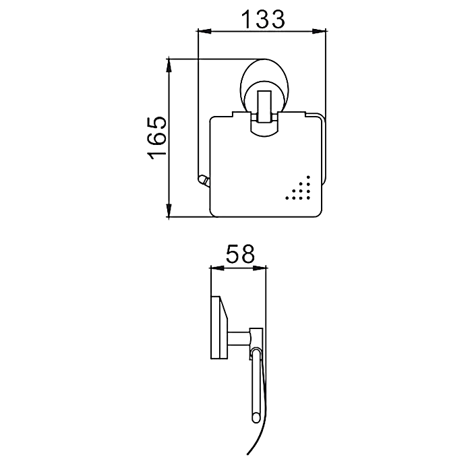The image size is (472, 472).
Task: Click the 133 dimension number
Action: click(x=264, y=20)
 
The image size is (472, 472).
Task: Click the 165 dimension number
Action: click(x=156, y=138)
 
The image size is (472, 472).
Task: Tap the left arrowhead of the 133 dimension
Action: click(x=204, y=31)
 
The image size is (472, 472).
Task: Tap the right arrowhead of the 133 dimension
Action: click(x=319, y=31)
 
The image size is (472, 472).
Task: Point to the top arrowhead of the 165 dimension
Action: click(x=169, y=66)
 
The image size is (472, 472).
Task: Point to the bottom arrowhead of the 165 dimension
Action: click(x=169, y=210)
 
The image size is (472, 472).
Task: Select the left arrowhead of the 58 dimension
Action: click(x=217, y=268)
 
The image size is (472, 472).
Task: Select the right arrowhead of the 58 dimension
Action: click(x=260, y=268)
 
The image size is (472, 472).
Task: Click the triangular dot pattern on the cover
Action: click(x=298, y=188)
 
